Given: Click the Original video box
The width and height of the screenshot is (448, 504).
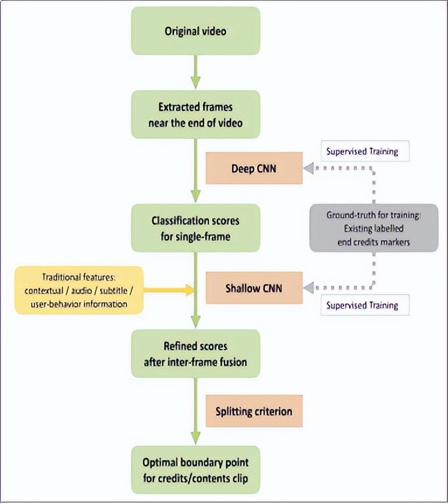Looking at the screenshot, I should tap(195, 31).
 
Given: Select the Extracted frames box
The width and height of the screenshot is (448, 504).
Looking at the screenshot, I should tap(195, 114).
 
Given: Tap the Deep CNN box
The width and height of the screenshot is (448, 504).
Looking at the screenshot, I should tap(253, 169).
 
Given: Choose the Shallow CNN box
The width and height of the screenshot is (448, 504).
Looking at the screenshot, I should tap(253, 288).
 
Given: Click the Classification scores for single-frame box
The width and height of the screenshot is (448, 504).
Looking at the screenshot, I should tap(195, 228).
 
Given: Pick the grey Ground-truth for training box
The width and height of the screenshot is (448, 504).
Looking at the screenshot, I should tap(373, 228).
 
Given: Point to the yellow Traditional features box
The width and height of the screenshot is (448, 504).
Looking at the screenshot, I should tap(79, 290).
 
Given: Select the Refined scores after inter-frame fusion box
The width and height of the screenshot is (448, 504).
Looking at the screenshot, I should tap(195, 353).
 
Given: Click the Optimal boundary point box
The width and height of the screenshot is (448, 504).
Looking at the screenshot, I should tap(195, 470).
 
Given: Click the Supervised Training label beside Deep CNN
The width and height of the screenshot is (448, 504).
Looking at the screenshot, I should tap(362, 152).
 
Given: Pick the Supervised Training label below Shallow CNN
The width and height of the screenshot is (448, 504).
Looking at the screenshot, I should tap(362, 305).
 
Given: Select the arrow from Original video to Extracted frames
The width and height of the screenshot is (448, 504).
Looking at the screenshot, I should tap(195, 73).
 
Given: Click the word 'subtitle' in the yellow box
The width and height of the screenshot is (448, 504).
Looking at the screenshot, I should tap(108, 290).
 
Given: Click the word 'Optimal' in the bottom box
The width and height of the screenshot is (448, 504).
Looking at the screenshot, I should tap(162, 462).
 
